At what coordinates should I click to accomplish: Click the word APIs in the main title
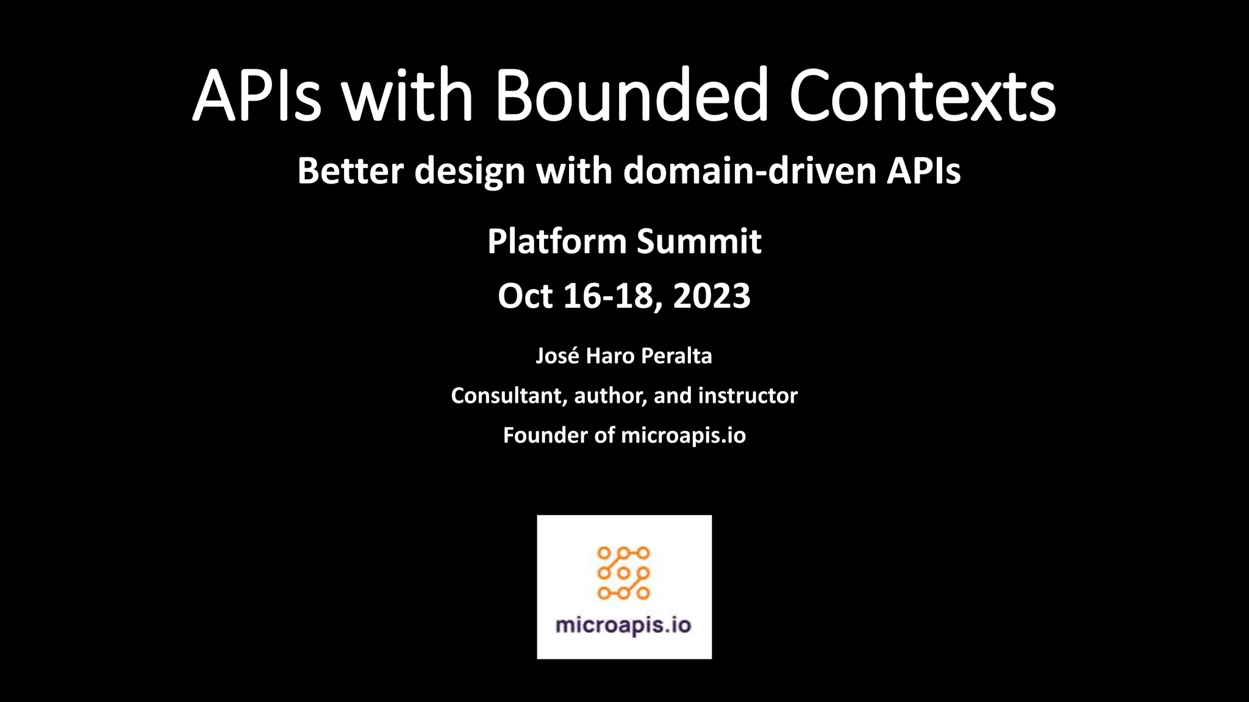coord(256,96)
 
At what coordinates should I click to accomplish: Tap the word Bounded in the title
coord(632,96)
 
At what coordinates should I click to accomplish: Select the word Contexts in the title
coord(922,96)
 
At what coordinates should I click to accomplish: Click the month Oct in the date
coord(525,297)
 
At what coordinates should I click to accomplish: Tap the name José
coord(557,356)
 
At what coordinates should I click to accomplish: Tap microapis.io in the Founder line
coord(683,436)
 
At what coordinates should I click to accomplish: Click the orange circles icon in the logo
coord(623,573)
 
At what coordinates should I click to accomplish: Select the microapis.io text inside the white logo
coord(623,626)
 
